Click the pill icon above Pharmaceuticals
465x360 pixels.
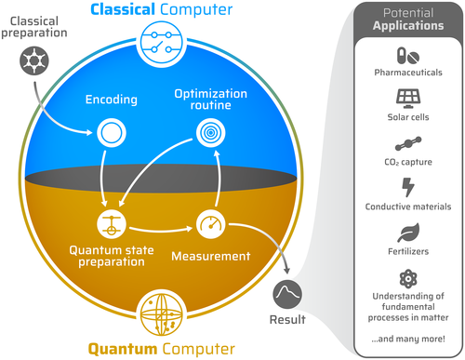408,55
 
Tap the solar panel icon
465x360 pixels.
408,97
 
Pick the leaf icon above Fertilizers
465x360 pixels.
408,233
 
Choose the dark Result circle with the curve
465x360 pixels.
287,296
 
